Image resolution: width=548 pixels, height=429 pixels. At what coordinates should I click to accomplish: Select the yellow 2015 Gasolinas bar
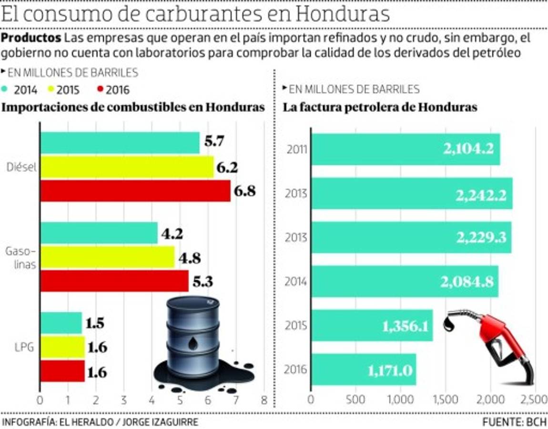pos(107,258)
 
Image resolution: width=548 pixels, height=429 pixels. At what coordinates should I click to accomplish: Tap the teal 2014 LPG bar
pos(61,323)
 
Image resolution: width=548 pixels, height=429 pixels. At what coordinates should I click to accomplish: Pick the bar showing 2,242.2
pos(412,194)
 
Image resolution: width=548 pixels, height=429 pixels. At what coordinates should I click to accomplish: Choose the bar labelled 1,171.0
pos(364,369)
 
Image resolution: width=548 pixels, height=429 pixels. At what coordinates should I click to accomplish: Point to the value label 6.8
pos(245,191)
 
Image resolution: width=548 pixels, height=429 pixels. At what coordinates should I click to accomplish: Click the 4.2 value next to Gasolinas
pos(173,234)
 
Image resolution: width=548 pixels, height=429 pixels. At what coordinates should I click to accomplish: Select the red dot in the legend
pos(100,89)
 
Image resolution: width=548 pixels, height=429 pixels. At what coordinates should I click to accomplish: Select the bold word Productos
pos(31,38)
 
